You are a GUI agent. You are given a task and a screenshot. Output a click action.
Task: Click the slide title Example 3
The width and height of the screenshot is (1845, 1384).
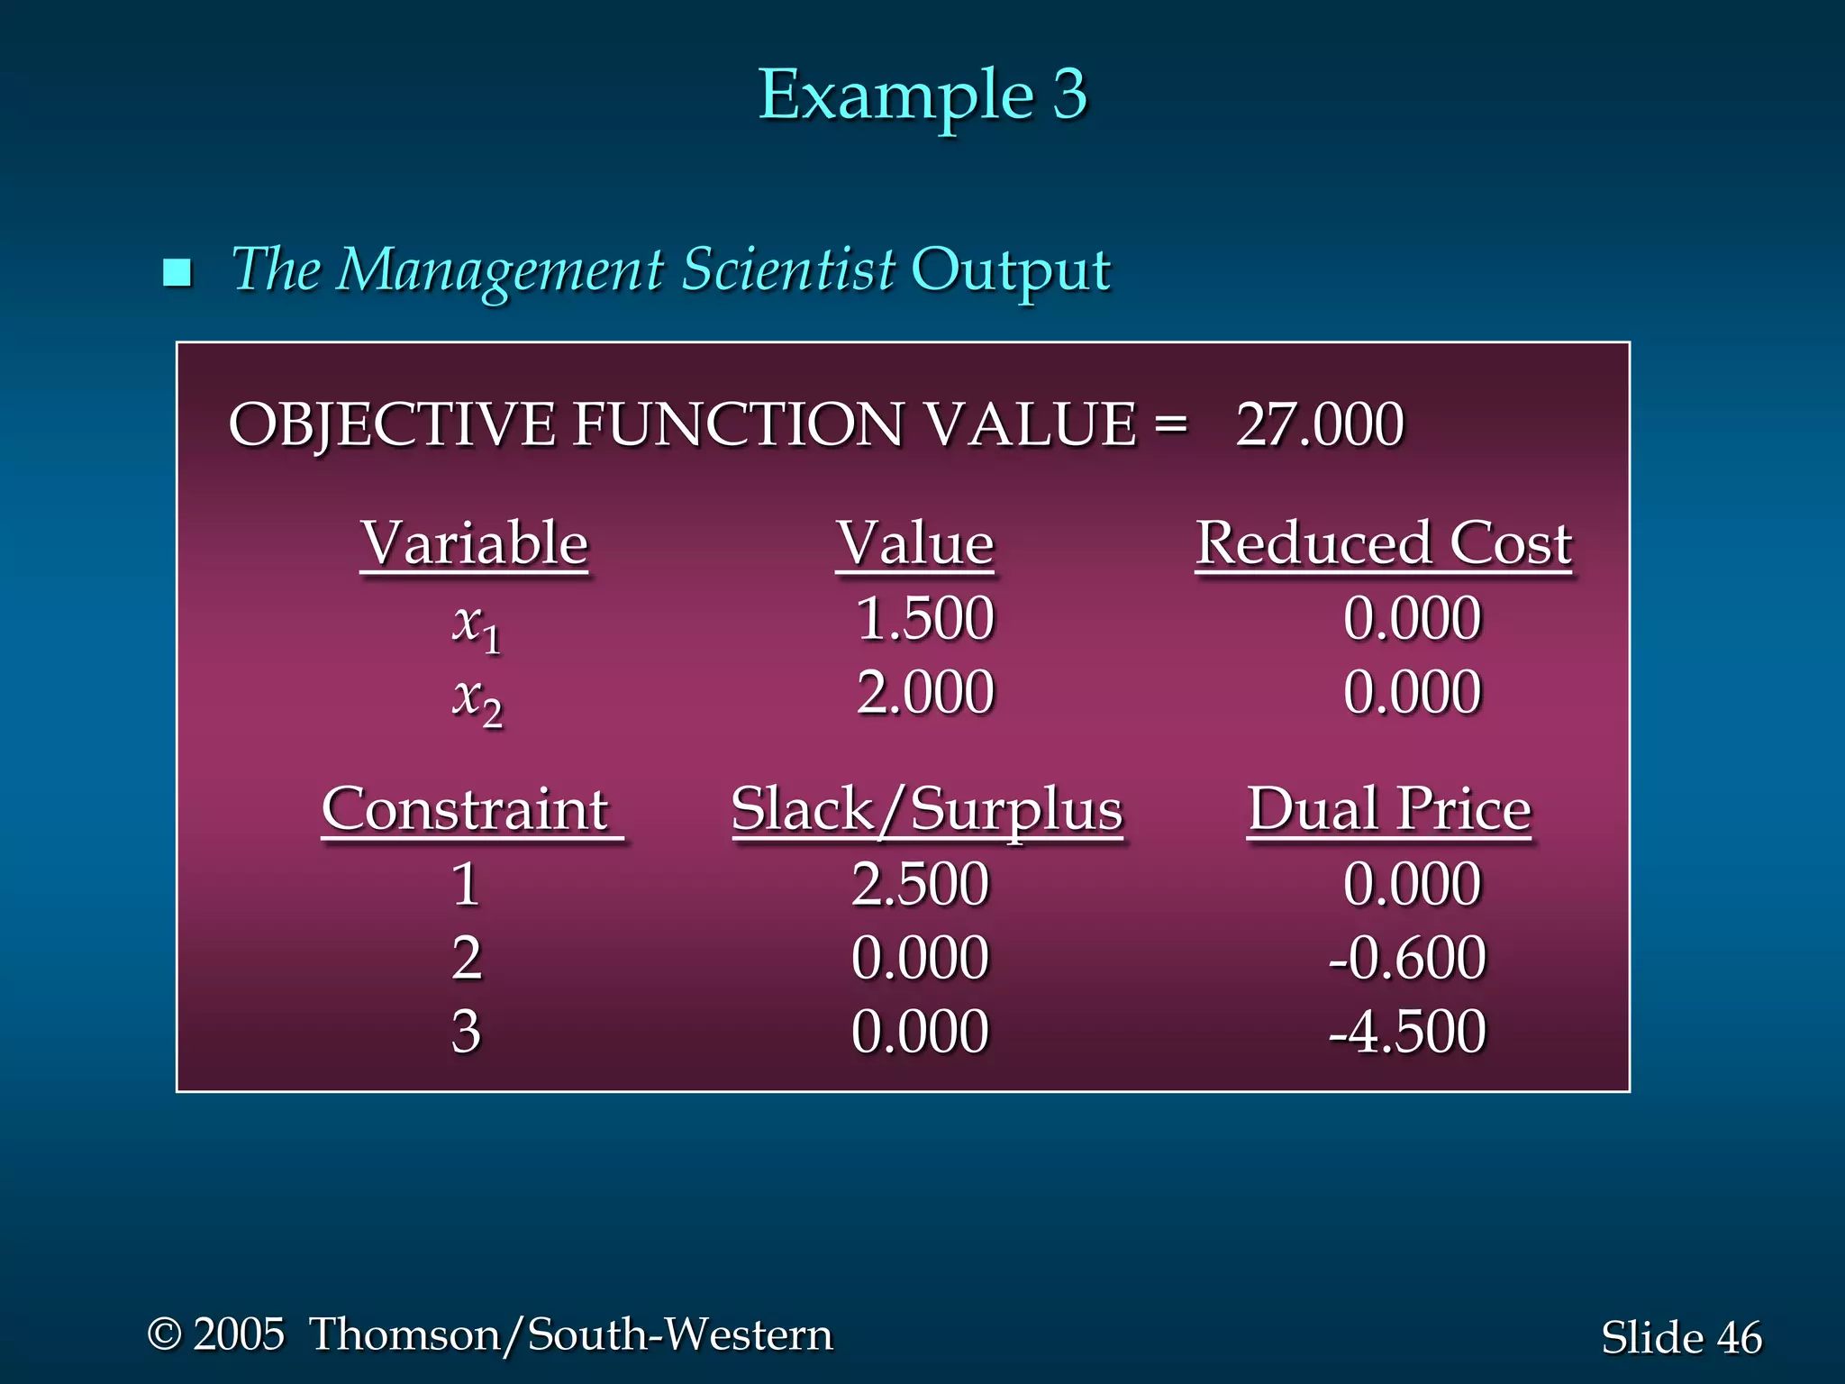[x=922, y=95]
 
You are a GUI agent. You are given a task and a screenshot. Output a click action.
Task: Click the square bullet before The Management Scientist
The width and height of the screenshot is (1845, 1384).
[x=177, y=272]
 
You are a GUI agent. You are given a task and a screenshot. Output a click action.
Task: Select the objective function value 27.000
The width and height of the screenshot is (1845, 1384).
[x=1319, y=424]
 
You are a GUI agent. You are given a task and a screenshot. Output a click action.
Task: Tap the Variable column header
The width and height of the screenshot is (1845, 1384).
[x=474, y=543]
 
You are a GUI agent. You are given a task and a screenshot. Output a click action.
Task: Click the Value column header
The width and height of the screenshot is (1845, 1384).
[x=914, y=543]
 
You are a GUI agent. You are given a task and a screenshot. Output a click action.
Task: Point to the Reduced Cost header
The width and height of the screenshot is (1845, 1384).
[x=1383, y=543]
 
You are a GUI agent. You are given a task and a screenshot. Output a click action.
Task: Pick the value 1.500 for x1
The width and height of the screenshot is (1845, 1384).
[x=924, y=619]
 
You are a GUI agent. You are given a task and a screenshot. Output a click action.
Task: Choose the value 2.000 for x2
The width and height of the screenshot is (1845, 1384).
[x=924, y=693]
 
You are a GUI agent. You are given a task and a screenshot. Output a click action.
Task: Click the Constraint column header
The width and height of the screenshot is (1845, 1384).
[x=467, y=809]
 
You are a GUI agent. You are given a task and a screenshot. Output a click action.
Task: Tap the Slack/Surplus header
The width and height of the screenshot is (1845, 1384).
[x=927, y=809]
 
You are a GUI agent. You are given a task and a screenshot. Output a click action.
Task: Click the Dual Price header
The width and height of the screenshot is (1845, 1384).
[x=1388, y=809]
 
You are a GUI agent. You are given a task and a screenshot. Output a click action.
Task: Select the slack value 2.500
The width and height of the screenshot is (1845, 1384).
[x=920, y=884]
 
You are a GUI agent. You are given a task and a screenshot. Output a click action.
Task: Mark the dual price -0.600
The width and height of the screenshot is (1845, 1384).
[x=1407, y=958]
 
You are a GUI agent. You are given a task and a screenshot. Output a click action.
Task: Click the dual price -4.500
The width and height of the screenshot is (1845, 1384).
[x=1407, y=1032]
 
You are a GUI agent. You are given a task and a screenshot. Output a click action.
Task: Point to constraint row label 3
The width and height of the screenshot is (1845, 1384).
[x=466, y=1032]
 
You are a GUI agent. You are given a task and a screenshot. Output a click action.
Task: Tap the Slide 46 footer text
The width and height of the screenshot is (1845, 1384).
[x=1680, y=1337]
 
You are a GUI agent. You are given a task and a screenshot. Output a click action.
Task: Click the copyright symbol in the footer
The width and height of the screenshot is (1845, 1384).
[x=164, y=1334]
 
